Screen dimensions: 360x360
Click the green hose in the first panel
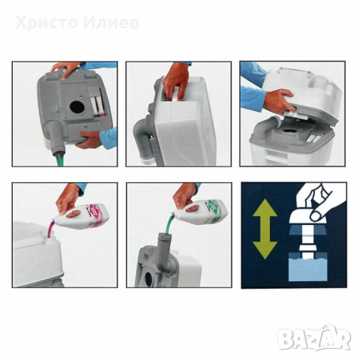[56, 156]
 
